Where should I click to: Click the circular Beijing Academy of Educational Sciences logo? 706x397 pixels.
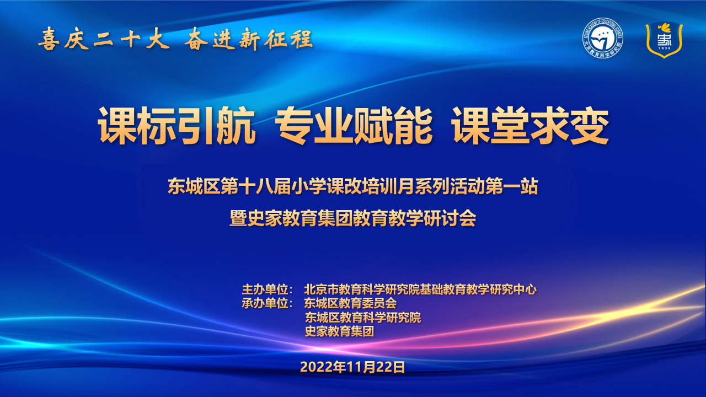click(602, 38)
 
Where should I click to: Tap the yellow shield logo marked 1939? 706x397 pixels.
click(664, 40)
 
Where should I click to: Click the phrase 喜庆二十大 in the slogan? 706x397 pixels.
click(104, 40)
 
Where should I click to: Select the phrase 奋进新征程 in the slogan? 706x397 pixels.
click(249, 40)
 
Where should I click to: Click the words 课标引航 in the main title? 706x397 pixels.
click(177, 125)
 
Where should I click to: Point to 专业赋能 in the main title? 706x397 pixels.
click(354, 125)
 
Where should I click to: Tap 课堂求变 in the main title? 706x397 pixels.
click(530, 125)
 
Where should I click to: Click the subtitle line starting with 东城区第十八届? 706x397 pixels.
click(352, 186)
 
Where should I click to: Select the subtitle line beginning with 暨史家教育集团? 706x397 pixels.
click(352, 218)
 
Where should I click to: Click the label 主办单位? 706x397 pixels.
click(265, 289)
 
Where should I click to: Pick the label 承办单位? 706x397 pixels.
click(265, 303)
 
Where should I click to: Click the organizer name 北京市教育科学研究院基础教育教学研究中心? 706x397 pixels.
click(420, 289)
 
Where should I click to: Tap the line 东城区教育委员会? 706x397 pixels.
click(350, 303)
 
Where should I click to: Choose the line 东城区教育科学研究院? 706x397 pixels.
click(363, 317)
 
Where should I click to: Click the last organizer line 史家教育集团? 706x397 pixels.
click(339, 331)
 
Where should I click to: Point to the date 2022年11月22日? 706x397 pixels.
click(352, 367)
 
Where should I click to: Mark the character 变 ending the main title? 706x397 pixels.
click(590, 125)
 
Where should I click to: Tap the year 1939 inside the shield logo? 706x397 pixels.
click(664, 48)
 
